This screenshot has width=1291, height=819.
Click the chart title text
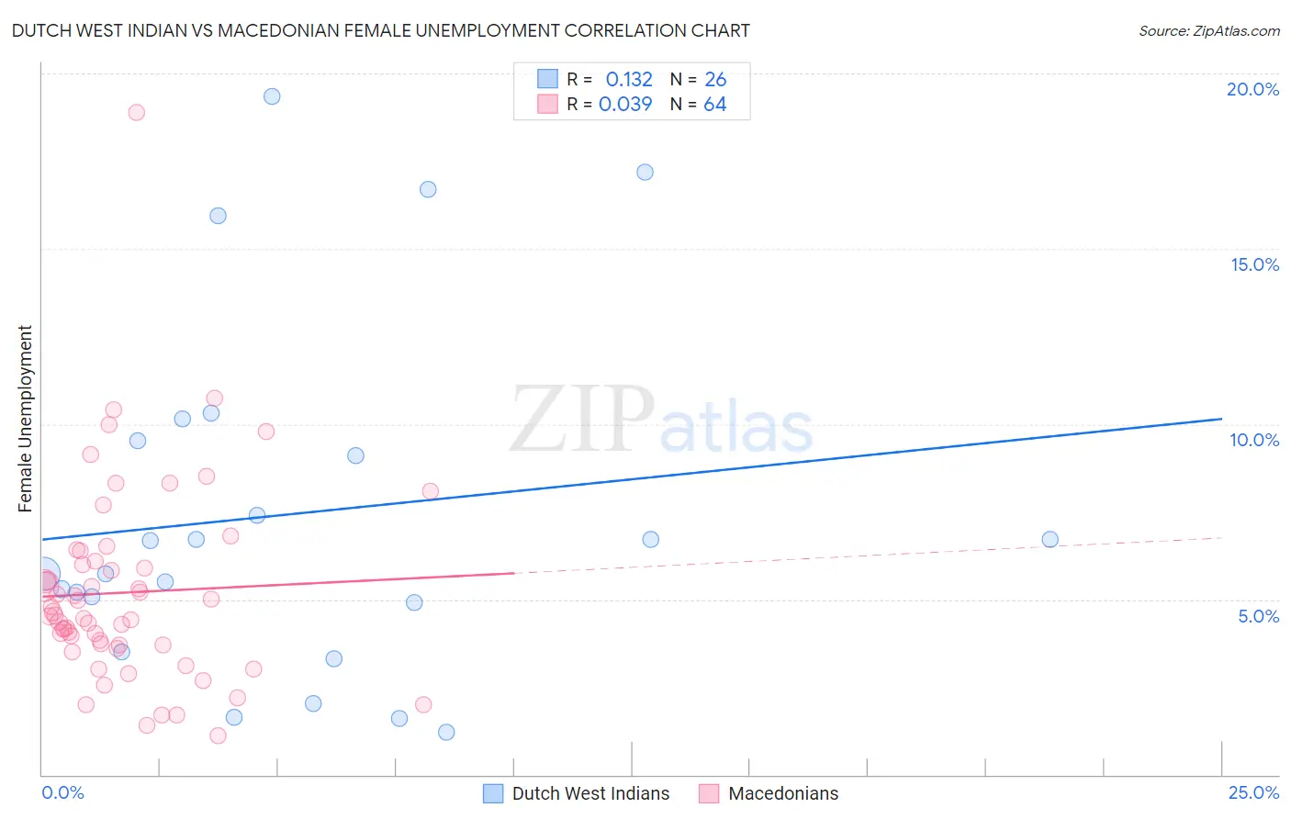(x=380, y=30)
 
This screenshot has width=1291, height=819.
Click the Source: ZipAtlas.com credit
(x=1208, y=30)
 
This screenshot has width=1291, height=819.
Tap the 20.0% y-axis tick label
(x=1252, y=89)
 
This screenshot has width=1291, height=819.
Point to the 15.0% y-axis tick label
(x=1254, y=264)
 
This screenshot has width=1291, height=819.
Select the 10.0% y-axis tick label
(x=1254, y=440)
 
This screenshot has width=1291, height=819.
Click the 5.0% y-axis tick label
(x=1258, y=616)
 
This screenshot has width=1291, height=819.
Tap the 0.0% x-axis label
(x=62, y=792)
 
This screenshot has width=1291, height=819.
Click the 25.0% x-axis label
(x=1253, y=792)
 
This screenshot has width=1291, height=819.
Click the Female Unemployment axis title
(x=25, y=418)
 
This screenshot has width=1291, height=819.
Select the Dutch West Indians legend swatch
(x=493, y=793)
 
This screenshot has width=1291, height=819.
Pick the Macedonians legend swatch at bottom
(x=708, y=793)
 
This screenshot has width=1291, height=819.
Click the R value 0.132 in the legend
(x=629, y=80)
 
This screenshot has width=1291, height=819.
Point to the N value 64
(x=714, y=105)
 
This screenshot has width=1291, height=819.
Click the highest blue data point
(x=272, y=96)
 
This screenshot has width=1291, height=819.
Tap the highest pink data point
(x=136, y=112)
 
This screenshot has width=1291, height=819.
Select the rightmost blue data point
(x=1050, y=540)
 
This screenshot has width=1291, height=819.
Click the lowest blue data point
(x=446, y=732)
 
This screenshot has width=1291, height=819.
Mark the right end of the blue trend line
(x=1221, y=419)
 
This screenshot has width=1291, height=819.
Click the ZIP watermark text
(x=582, y=419)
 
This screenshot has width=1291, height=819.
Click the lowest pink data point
(x=218, y=735)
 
